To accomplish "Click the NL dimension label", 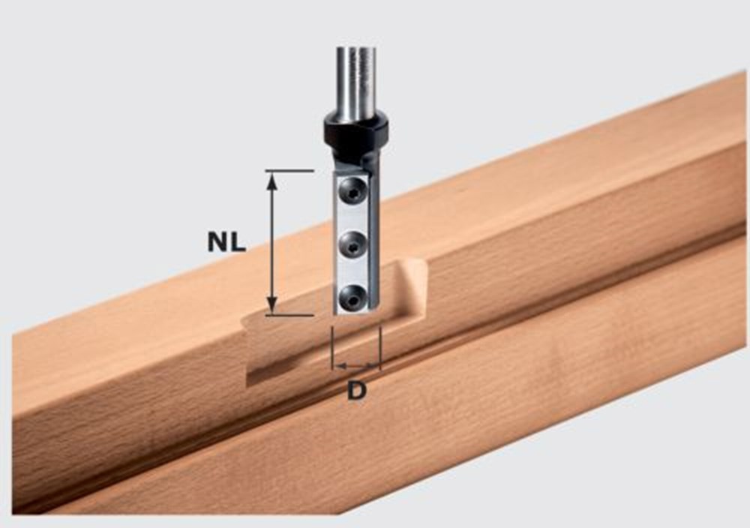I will pyautogui.click(x=227, y=241).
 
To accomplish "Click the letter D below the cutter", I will pyautogui.click(x=357, y=391).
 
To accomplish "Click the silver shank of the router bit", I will pyautogui.click(x=354, y=82).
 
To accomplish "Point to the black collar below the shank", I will pyautogui.click(x=355, y=130).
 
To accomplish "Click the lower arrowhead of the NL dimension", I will pyautogui.click(x=272, y=306).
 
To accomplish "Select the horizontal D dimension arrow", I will pyautogui.click(x=356, y=367).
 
